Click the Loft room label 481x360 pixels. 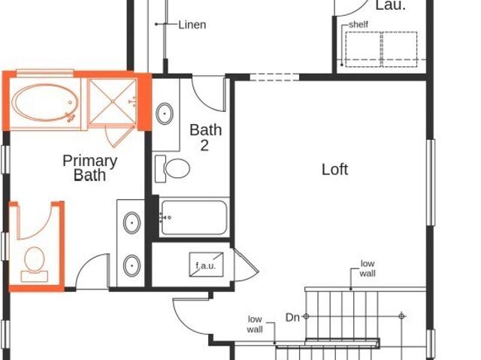click(334, 169)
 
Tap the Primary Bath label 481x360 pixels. click(89, 168)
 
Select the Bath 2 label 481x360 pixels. click(205, 136)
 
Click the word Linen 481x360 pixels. click(192, 25)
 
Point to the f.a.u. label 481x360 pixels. click(205, 265)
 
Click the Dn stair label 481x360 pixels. click(293, 317)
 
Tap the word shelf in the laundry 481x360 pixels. click(358, 26)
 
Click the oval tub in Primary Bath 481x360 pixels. click(44, 104)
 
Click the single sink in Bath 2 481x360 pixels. click(165, 114)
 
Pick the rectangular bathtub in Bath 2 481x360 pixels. click(193, 218)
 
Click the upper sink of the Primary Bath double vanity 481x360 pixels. click(132, 222)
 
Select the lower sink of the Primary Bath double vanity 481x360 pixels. click(132, 265)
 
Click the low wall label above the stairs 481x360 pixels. click(367, 268)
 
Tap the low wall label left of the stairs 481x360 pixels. click(256, 324)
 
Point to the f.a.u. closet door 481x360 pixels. click(245, 265)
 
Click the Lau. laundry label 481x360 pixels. click(389, 5)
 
